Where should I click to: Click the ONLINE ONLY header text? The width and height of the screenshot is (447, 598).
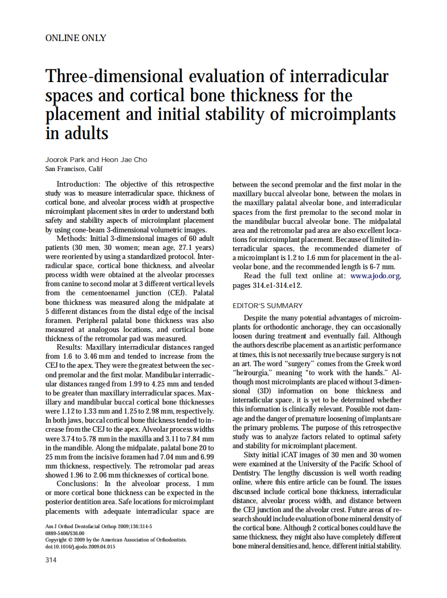[76, 38]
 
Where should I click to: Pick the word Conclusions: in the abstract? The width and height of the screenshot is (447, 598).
[83, 484]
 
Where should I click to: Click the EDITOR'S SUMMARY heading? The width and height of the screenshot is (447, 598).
[268, 306]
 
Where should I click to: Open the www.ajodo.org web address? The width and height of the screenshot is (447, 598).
[375, 276]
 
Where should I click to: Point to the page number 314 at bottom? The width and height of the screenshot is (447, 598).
[51, 560]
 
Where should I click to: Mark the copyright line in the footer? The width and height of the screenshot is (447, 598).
[116, 539]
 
